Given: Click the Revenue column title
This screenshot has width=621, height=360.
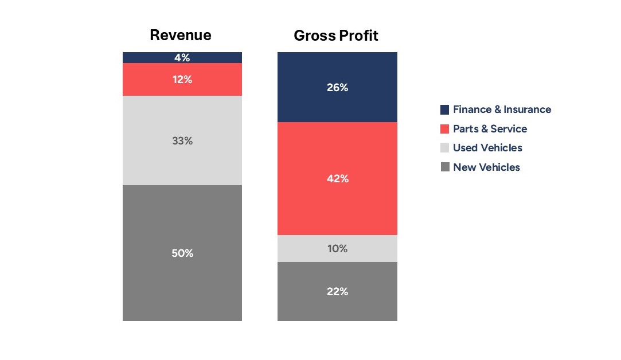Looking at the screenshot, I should pyautogui.click(x=181, y=35).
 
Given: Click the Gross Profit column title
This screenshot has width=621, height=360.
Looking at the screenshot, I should pyautogui.click(x=336, y=36).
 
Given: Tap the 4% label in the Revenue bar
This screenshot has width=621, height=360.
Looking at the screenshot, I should pyautogui.click(x=182, y=57).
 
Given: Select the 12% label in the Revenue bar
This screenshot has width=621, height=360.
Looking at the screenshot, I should pyautogui.click(x=182, y=80).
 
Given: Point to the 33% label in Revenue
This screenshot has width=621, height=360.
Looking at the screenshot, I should pyautogui.click(x=182, y=140).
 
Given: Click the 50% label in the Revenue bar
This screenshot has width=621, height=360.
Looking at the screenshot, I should pyautogui.click(x=182, y=253).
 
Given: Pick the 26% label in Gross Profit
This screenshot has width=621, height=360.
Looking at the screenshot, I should pyautogui.click(x=337, y=88).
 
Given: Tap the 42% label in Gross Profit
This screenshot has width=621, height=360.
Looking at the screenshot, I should pyautogui.click(x=337, y=179).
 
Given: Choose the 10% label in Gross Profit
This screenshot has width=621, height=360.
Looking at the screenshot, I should pyautogui.click(x=337, y=249).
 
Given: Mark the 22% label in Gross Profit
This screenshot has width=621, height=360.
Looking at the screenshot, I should pyautogui.click(x=337, y=291).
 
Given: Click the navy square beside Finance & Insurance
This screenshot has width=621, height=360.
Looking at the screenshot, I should pyautogui.click(x=445, y=109).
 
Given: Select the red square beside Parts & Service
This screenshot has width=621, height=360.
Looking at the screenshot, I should pyautogui.click(x=445, y=129).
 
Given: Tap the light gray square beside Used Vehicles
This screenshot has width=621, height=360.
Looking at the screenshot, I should pyautogui.click(x=445, y=148).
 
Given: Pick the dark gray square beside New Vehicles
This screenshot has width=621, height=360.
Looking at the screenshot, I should pyautogui.click(x=445, y=167).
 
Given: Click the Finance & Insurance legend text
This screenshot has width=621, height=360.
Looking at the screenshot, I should pyautogui.click(x=502, y=109).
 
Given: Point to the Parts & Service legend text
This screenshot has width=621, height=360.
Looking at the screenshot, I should pyautogui.click(x=490, y=129).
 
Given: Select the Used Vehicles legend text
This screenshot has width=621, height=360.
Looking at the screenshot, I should pyautogui.click(x=487, y=148).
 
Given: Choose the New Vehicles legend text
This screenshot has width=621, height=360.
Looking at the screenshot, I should pyautogui.click(x=486, y=167).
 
